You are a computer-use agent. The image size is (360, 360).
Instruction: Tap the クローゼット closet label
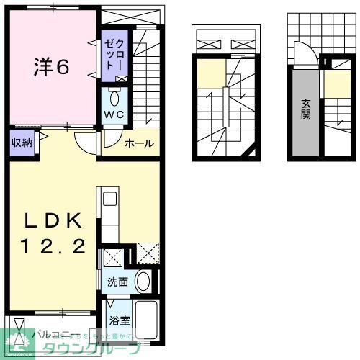(x=114, y=55)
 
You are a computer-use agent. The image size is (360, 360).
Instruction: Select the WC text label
(x=114, y=115)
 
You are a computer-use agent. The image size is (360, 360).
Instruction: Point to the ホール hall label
(x=138, y=143)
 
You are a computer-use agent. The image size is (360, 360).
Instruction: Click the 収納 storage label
(x=21, y=143)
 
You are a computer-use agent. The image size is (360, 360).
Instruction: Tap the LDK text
(x=51, y=220)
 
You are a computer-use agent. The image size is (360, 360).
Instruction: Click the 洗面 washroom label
(x=118, y=282)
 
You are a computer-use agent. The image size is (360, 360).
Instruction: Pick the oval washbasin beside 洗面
(x=143, y=281)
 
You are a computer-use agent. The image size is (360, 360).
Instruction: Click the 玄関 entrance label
(x=305, y=108)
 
